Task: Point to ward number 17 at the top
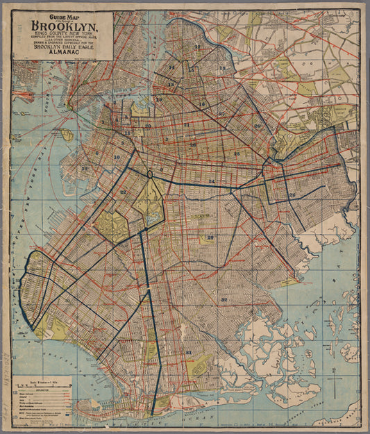click(197, 47)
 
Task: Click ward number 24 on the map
click(211, 181)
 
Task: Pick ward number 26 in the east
click(292, 195)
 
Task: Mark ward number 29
click(210, 238)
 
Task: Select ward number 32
click(224, 299)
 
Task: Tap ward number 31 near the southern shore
click(189, 353)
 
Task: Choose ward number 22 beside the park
click(123, 192)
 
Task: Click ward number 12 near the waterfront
click(85, 168)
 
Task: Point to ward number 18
click(222, 68)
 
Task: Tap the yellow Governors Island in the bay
click(67, 134)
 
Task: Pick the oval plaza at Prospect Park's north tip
click(149, 175)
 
